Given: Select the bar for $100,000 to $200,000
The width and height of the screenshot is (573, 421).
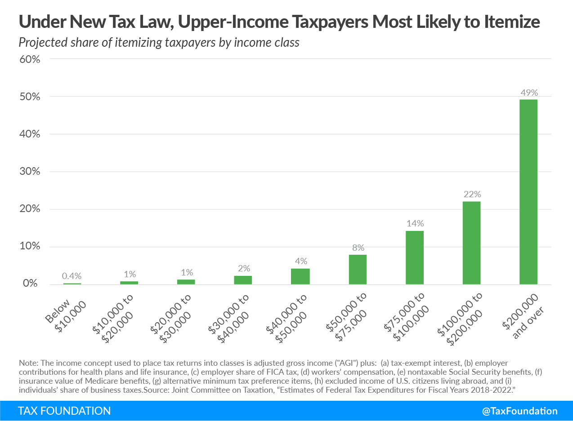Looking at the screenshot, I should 471,243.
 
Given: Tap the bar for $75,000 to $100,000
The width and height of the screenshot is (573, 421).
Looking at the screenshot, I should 414,257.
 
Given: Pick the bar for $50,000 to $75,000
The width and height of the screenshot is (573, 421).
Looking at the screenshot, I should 358,269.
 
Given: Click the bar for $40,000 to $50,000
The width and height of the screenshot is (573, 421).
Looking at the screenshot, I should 300,276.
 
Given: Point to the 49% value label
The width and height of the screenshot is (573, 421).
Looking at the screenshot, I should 528,93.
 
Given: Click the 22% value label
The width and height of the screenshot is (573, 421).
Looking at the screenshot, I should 471,195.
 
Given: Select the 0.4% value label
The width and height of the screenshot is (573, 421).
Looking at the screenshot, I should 72,276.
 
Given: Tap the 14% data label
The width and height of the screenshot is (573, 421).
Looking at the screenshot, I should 415,223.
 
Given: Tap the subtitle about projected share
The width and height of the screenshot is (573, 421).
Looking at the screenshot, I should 159,43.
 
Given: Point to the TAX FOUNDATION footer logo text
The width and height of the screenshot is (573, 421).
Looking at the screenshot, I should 64,411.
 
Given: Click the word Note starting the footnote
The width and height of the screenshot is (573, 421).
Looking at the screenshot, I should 27,363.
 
